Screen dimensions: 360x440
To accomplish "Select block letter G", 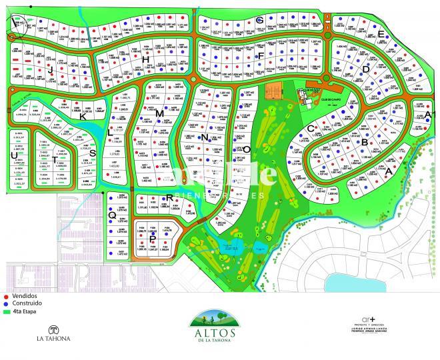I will tap(259, 20).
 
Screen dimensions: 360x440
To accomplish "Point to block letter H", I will tap(145, 60).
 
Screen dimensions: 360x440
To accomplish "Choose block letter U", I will tap(14, 155).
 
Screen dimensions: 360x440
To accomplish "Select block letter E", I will tap(381, 34).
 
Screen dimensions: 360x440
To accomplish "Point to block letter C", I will tap(310, 129).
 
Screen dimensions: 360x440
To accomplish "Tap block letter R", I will tap(170, 197).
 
